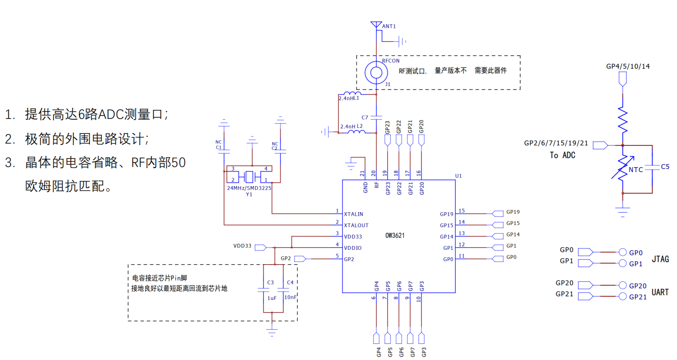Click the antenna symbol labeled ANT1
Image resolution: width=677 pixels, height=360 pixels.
pyautogui.click(x=376, y=25)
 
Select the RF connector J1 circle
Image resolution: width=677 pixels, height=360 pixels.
pyautogui.click(x=376, y=72)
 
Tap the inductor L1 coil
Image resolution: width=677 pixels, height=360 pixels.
pyautogui.click(x=352, y=94)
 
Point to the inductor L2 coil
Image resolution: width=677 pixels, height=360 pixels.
pyautogui.click(x=356, y=131)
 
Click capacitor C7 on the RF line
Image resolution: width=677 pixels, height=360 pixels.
pyautogui.click(x=376, y=118)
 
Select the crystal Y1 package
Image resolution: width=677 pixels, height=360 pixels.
pyautogui.click(x=249, y=176)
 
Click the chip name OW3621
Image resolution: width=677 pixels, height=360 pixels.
pyautogui.click(x=395, y=236)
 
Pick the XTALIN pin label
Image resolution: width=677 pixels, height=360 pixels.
pyautogui.click(x=354, y=214)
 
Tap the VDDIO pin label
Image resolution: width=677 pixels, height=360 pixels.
pyautogui.click(x=353, y=248)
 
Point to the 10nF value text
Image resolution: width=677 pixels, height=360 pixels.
pyautogui.click(x=290, y=297)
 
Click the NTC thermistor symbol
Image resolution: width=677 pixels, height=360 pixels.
pyautogui.click(x=623, y=169)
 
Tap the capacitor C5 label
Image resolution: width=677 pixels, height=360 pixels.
pyautogui.click(x=665, y=167)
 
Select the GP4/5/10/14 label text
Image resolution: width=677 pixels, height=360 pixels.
pyautogui.click(x=628, y=67)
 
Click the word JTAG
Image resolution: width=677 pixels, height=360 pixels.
pyautogui.click(x=660, y=259)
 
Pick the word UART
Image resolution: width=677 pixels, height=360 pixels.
pyautogui.click(x=660, y=292)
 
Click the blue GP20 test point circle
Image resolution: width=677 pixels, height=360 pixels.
pyautogui.click(x=622, y=285)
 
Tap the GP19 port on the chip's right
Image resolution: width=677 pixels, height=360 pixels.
pyautogui.click(x=498, y=214)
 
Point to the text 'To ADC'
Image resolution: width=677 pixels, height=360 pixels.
pyautogui.click(x=562, y=155)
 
